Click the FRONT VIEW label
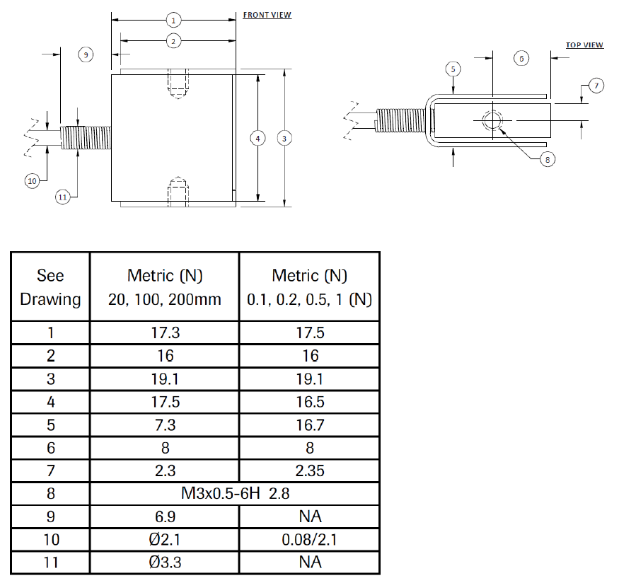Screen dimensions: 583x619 (x=267, y=15)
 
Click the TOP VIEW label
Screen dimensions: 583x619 (x=584, y=45)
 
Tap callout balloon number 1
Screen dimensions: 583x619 (x=173, y=20)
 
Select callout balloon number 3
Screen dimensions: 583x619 (x=284, y=138)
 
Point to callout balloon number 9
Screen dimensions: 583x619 (x=86, y=54)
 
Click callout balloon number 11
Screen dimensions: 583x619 (x=63, y=197)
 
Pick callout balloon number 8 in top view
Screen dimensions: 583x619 (x=546, y=159)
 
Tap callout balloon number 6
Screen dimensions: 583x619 (x=521, y=58)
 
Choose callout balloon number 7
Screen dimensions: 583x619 (x=596, y=86)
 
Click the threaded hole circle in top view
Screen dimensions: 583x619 (x=491, y=121)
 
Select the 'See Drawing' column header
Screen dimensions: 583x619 (x=50, y=287)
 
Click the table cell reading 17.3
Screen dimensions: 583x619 (x=164, y=333)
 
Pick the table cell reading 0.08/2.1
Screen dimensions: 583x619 (x=309, y=540)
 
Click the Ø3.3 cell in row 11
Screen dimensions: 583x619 (x=164, y=562)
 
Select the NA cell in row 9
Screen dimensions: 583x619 (x=309, y=516)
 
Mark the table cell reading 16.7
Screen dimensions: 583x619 (x=309, y=425)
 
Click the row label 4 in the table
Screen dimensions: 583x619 (x=50, y=401)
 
